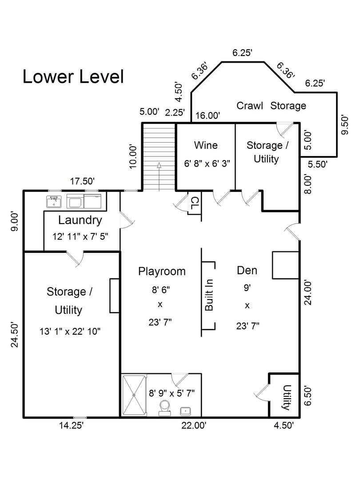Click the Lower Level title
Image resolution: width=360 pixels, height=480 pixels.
73,77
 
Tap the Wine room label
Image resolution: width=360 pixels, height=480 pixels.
206,145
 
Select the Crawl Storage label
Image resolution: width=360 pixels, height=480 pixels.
271,106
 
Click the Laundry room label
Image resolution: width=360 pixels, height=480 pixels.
80,220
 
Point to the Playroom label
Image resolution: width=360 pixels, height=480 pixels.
162,271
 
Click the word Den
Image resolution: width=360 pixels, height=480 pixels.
247,270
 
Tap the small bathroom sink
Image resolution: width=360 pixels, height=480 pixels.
185,411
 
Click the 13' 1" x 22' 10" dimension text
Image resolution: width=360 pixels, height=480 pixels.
70,331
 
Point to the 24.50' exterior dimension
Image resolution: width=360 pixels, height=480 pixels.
15,335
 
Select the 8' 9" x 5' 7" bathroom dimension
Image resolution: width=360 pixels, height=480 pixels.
172,393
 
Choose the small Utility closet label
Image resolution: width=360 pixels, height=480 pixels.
286,397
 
